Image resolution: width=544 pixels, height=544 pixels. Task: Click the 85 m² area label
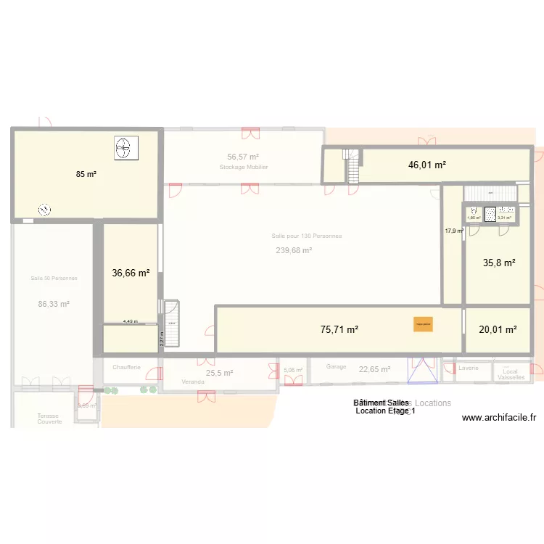point(86,174)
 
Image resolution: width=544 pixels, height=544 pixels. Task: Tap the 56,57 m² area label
point(243,157)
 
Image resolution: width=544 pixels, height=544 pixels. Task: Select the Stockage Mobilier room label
point(244,167)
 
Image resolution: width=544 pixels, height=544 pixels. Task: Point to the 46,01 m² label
point(426,165)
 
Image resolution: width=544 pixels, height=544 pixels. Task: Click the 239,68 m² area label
point(294,250)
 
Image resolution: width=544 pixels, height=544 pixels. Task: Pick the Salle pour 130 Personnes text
point(307,236)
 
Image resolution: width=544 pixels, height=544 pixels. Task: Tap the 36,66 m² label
point(131,273)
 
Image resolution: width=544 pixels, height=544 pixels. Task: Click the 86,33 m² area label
point(54,305)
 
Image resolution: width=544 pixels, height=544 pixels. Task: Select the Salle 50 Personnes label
point(54,278)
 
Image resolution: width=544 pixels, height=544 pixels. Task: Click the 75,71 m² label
point(339,329)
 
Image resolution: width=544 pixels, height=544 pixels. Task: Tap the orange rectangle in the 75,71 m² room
point(423,325)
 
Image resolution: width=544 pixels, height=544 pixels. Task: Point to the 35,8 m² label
point(499,263)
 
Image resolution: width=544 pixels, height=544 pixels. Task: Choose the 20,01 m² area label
point(498,329)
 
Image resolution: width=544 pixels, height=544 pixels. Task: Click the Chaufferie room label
point(126,368)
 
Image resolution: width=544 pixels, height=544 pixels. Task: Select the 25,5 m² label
point(219,373)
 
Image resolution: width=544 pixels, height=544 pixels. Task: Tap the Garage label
point(336,367)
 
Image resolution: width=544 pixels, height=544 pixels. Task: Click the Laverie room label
point(469,368)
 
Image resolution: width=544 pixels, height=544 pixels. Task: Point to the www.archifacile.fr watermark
point(498,417)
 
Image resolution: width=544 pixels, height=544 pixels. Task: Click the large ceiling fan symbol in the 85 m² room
point(123,148)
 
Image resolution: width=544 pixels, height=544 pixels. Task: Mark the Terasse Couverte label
point(50,419)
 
